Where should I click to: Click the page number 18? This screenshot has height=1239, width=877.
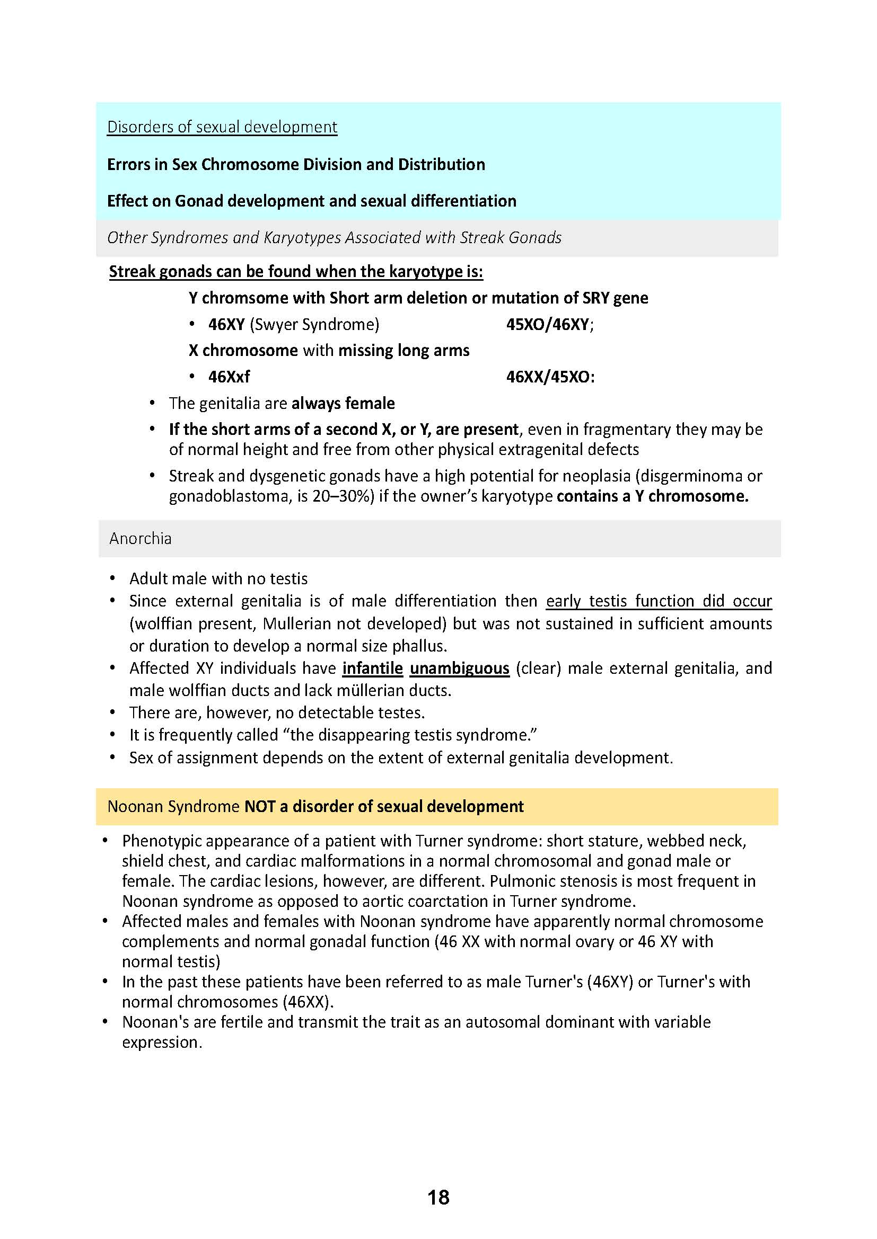438,1198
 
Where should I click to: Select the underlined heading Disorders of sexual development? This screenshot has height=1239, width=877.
222,127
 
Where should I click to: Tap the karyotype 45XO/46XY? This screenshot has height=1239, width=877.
548,324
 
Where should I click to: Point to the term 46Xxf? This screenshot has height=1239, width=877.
229,377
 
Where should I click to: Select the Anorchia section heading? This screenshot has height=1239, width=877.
141,538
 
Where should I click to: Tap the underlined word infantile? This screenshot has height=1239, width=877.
373,668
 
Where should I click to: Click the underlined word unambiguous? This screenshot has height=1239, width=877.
460,668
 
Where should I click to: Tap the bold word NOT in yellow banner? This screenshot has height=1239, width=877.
260,806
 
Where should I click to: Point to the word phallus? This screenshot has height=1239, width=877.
418,646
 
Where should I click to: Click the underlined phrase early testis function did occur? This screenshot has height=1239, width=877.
659,601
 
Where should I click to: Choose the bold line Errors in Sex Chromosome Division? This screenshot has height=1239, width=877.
296,164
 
